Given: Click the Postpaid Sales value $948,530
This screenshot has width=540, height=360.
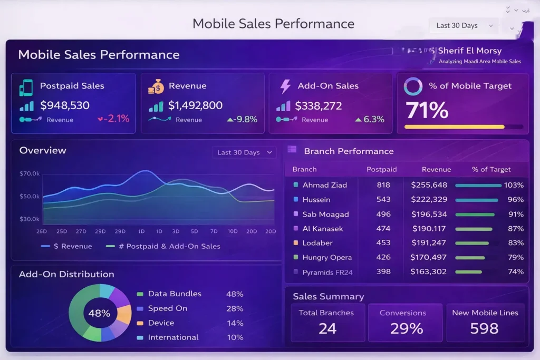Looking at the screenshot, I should tap(65, 105).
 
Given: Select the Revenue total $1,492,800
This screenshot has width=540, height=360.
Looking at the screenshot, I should tap(195, 105).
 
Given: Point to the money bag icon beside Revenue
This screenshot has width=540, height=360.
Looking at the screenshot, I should tap(156, 86).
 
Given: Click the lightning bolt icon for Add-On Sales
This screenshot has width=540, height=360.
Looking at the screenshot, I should tap(285, 86).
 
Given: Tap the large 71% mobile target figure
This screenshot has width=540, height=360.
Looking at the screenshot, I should tap(427, 110).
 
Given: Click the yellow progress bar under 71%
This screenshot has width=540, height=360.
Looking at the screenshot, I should tap(454, 127).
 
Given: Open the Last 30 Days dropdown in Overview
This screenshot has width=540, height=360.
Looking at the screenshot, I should tap(244, 152).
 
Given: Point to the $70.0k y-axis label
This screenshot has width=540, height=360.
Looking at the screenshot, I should tap(30, 173).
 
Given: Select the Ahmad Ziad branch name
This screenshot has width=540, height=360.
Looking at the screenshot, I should tap(324, 185).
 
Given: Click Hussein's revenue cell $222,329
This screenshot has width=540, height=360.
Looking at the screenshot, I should tap(429, 200).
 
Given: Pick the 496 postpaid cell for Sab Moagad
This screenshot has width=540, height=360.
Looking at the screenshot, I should tap(383, 215).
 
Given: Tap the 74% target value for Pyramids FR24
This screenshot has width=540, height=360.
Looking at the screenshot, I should tap(514, 272).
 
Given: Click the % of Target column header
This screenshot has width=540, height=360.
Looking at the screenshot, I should tap(491, 169).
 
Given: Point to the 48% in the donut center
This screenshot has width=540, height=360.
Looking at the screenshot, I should tap(99, 313).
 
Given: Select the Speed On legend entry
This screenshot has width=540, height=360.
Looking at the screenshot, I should tap(167, 308).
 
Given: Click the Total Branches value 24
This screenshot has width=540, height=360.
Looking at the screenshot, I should tap(327, 328).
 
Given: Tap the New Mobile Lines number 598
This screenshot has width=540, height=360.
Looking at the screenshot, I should tap(484, 328).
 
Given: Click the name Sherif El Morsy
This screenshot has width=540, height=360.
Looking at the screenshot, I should tap(469, 51).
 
